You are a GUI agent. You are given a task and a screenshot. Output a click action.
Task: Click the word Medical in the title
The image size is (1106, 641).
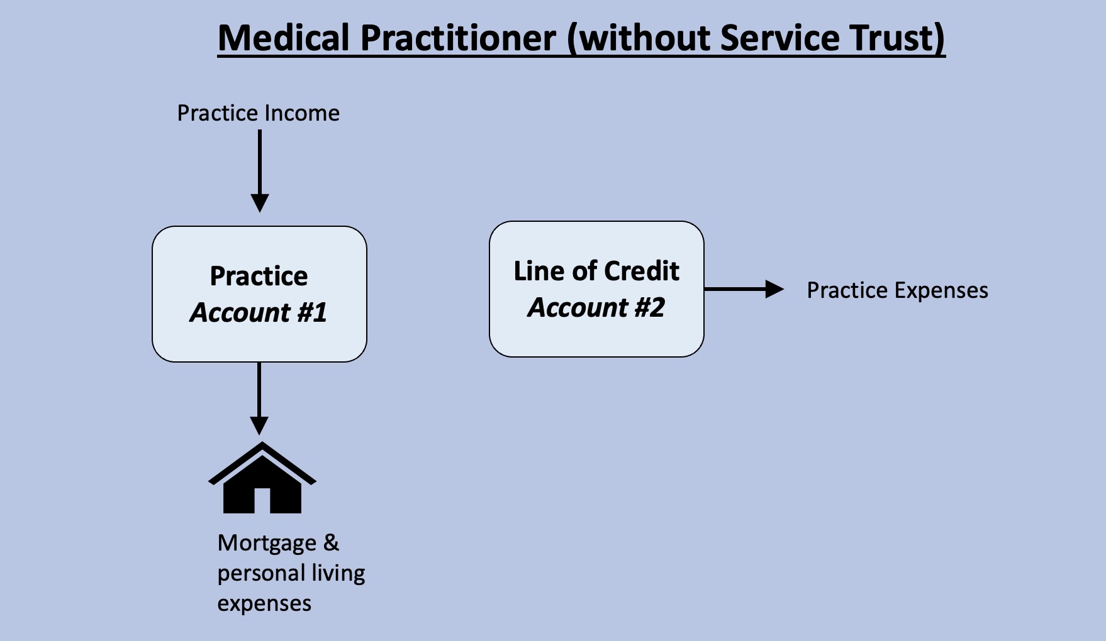click(284, 38)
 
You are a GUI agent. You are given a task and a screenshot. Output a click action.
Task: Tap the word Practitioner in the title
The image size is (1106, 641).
click(459, 38)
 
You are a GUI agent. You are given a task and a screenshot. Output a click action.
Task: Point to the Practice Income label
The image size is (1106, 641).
click(258, 113)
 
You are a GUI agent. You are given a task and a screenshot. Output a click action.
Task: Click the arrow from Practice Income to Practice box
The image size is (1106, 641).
click(259, 171)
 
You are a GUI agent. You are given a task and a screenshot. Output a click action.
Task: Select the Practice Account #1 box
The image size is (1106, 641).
click(259, 294)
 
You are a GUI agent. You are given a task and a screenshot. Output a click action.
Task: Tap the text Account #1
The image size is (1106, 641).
click(259, 312)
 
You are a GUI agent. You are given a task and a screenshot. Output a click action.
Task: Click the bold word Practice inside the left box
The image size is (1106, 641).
click(259, 276)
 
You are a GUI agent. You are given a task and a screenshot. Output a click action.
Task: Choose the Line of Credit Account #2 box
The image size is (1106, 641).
click(596, 289)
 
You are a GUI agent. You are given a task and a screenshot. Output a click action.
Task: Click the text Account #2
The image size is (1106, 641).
click(596, 307)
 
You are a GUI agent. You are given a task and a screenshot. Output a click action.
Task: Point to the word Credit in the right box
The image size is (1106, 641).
click(642, 271)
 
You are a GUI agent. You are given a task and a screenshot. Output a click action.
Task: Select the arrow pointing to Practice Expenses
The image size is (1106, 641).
click(744, 289)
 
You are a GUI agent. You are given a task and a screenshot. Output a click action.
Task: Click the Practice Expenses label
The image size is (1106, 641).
click(897, 290)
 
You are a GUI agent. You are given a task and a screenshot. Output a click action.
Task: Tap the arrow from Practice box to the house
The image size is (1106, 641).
click(259, 398)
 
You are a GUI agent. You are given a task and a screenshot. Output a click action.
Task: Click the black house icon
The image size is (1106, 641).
click(262, 477)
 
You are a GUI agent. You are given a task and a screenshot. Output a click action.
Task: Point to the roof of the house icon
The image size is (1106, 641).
click(262, 462)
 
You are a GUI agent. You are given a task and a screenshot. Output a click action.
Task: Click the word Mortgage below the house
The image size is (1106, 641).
click(267, 544)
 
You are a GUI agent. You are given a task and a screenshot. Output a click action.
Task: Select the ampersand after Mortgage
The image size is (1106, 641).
click(332, 542)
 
